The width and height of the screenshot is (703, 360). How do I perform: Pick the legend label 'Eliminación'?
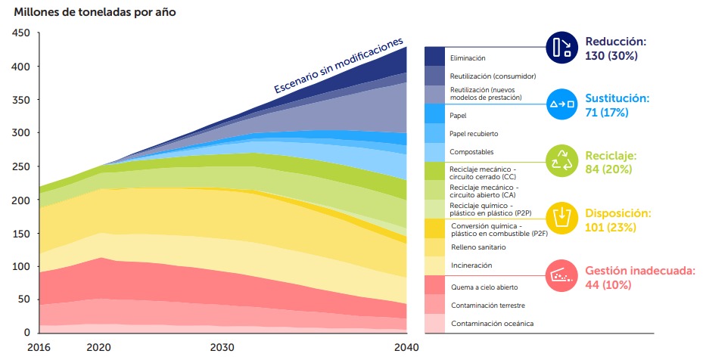(x=468, y=57)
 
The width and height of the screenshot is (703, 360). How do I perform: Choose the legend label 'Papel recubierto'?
(x=474, y=134)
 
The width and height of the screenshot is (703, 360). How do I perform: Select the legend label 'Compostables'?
(x=471, y=152)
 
